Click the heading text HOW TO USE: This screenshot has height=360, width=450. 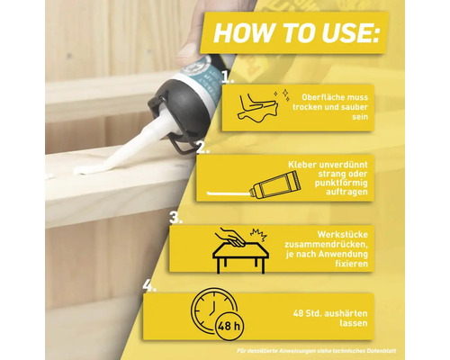[x=296, y=32]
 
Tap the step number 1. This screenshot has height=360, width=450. [x=228, y=76]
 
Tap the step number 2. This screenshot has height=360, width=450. [x=202, y=147]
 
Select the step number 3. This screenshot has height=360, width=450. [x=175, y=217]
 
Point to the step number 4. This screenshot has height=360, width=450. [x=149, y=285]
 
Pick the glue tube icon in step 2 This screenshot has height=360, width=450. [x=274, y=184]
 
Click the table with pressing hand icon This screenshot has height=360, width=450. [x=240, y=250]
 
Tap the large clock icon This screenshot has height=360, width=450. [x=213, y=309]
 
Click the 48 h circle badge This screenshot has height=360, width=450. [x=229, y=326]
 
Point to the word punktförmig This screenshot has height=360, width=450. [x=341, y=183]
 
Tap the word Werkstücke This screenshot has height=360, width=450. [x=343, y=234]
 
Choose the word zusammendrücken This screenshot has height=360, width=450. [x=326, y=244]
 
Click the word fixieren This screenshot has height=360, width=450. [x=352, y=264]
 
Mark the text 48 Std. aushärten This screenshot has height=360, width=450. [x=330, y=313]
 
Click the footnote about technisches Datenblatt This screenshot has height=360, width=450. [x=316, y=350]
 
